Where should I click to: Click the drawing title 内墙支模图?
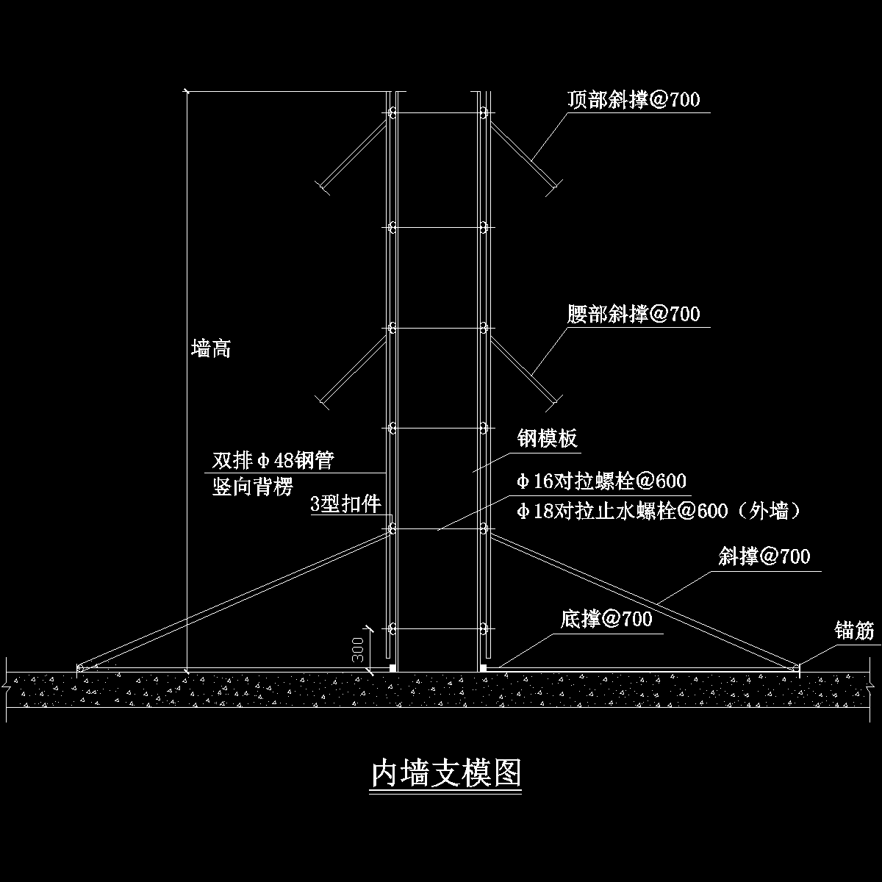(446, 774)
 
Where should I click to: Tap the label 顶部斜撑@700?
(634, 100)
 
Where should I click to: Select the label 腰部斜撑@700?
(634, 315)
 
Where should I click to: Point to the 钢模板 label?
(548, 439)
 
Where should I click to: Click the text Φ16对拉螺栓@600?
(601, 481)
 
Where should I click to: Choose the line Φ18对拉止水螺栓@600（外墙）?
(658, 511)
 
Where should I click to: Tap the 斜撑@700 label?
(764, 556)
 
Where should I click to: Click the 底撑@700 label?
(606, 619)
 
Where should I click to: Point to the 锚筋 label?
(854, 631)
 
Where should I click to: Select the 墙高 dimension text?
(211, 348)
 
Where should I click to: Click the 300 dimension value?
(359, 650)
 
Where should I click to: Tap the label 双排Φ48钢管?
(273, 461)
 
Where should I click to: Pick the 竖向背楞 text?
(252, 487)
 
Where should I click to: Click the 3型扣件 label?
(345, 504)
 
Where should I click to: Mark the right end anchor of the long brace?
(798, 667)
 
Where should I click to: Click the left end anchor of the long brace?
(79, 667)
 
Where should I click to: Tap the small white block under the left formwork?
(393, 668)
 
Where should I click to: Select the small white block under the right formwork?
(483, 668)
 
